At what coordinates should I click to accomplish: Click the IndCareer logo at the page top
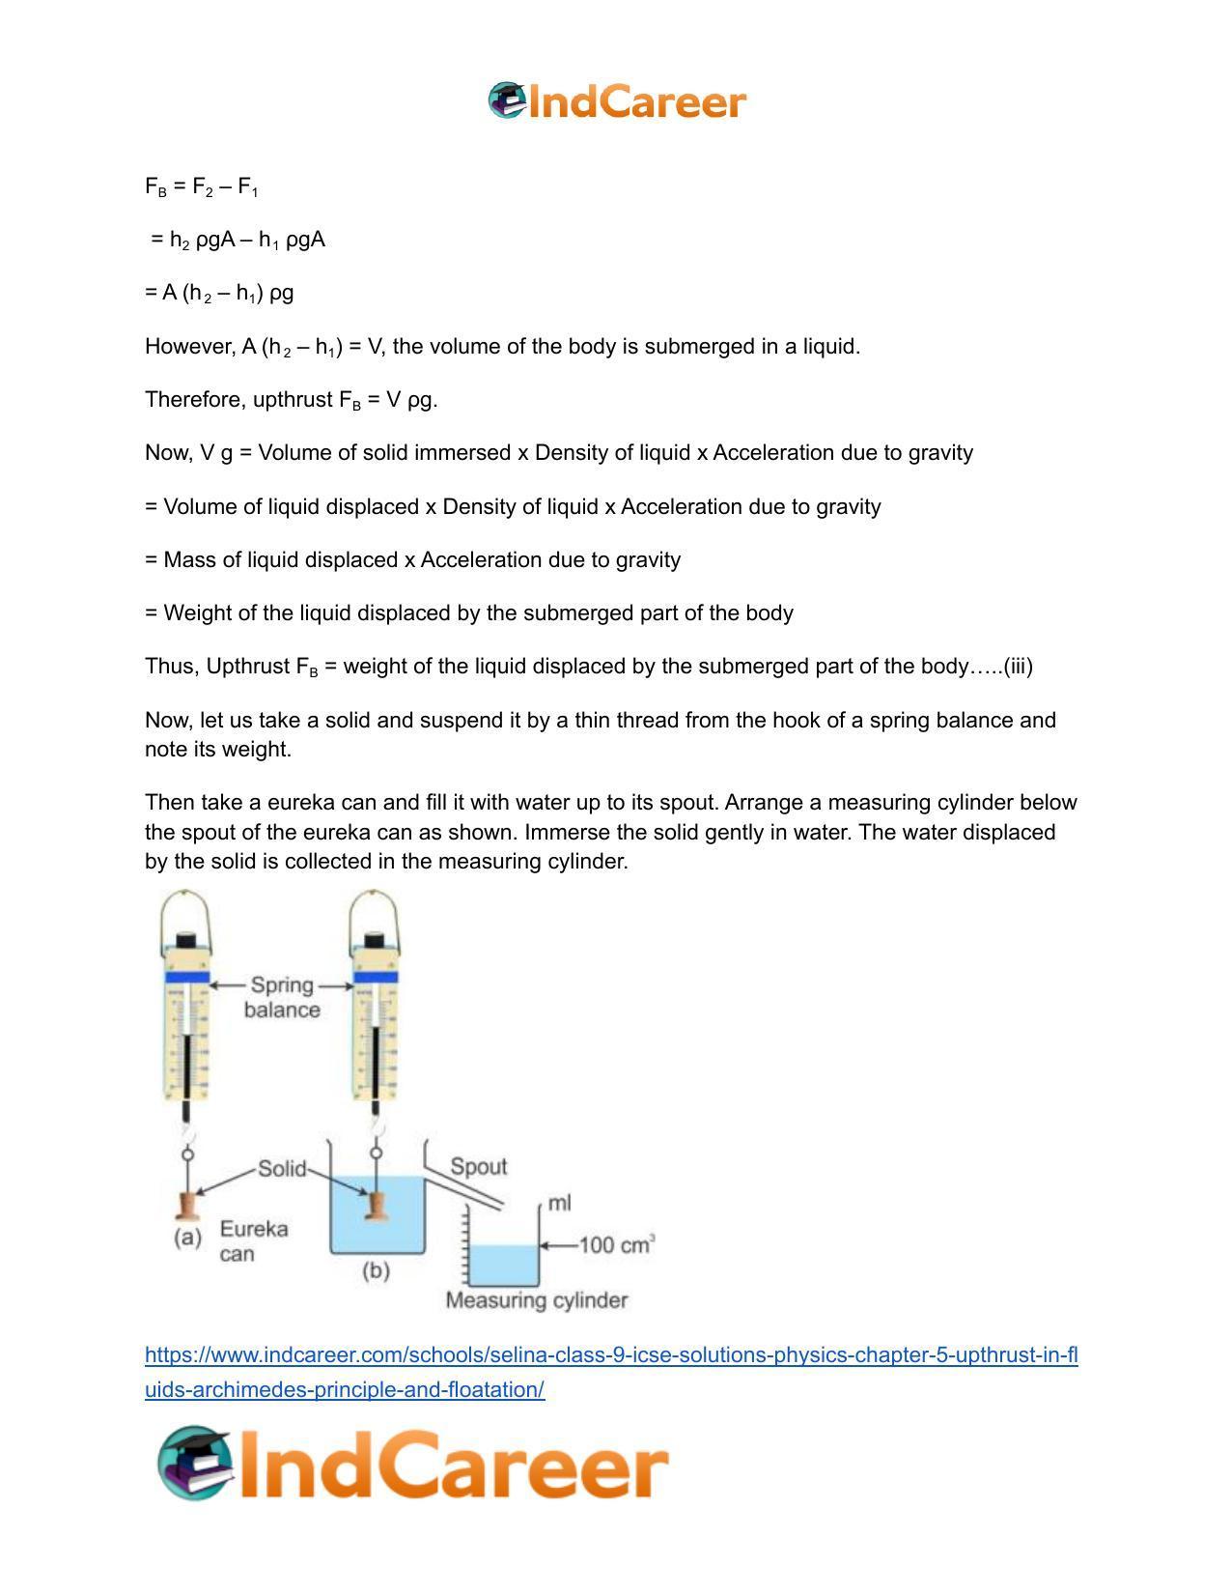[x=616, y=101]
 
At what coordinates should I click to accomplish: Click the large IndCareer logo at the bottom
[x=413, y=1466]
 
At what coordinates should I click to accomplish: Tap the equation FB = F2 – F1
[x=201, y=186]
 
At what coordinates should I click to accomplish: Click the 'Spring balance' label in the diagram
[x=281, y=997]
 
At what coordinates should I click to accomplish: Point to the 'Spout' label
[x=478, y=1166]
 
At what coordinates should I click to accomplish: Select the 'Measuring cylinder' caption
[x=536, y=1300]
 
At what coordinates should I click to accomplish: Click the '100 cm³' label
[x=616, y=1244]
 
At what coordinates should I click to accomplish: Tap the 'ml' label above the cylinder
[x=559, y=1203]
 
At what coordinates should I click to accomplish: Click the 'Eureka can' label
[x=253, y=1241]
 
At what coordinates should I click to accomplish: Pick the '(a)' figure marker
[x=187, y=1238]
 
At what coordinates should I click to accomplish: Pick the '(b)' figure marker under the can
[x=376, y=1270]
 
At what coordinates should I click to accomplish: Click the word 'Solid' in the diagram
[x=281, y=1169]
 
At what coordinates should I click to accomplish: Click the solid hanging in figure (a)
[x=187, y=1205]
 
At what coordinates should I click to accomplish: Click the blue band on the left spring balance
[x=187, y=979]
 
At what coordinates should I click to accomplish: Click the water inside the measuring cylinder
[x=502, y=1264]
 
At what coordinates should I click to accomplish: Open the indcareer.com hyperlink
[x=610, y=1355]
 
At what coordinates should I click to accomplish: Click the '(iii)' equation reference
[x=1018, y=667]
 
